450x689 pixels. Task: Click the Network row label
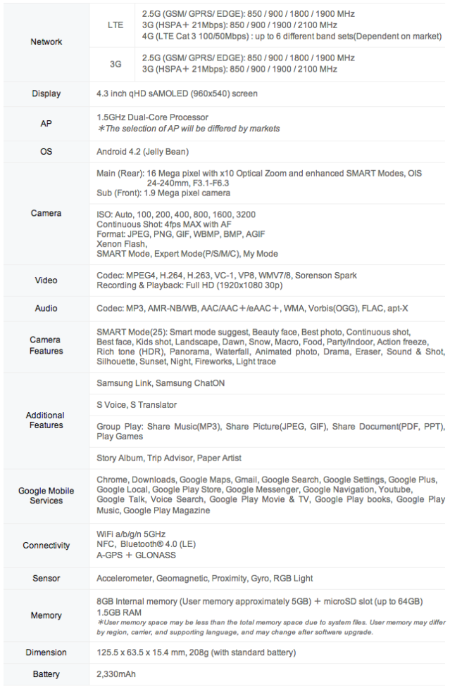coord(46,42)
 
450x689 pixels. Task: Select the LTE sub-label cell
coord(115,24)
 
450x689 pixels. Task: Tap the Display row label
coord(46,94)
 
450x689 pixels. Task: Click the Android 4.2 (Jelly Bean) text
coord(142,151)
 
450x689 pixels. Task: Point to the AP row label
coord(46,122)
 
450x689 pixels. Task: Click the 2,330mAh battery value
coord(116,674)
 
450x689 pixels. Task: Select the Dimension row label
coord(46,652)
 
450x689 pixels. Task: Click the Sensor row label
coord(46,578)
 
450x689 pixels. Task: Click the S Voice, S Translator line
coord(137,405)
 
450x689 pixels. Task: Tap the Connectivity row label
coord(46,545)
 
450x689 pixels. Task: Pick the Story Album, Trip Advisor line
coord(169,458)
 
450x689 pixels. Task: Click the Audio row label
coord(46,309)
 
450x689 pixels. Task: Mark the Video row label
coord(46,281)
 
